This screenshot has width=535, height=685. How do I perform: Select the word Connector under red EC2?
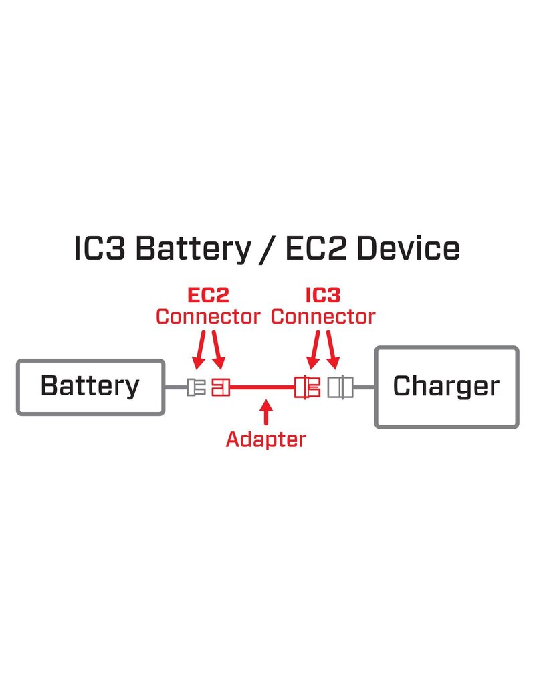[207, 316]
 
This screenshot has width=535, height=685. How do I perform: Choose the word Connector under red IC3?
[323, 316]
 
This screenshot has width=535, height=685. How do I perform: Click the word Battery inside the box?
[90, 386]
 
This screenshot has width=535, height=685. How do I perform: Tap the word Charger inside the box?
[446, 386]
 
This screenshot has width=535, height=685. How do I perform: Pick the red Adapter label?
[266, 439]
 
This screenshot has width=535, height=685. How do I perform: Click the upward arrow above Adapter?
[267, 411]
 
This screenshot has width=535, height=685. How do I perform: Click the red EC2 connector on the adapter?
[219, 387]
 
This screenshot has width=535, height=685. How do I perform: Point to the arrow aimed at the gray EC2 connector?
[199, 352]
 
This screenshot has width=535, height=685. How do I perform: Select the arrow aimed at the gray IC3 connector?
[334, 352]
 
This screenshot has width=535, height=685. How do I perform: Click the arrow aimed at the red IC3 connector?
[313, 352]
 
